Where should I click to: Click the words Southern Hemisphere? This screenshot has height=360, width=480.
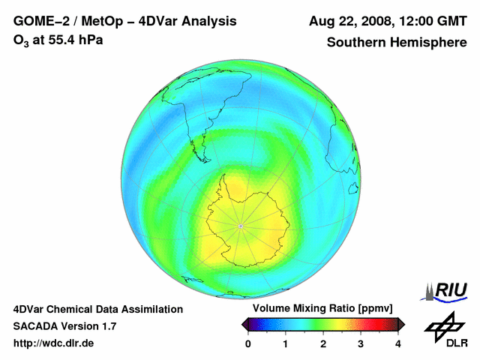(x=397, y=42)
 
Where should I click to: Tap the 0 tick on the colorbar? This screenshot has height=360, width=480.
(x=249, y=343)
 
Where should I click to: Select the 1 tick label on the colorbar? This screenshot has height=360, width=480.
(x=286, y=343)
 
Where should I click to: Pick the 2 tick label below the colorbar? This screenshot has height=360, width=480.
(x=323, y=343)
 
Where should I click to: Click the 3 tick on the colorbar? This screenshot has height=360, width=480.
(x=361, y=343)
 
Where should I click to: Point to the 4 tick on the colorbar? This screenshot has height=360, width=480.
(x=398, y=343)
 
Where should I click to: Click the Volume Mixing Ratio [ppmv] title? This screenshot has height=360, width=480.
(x=324, y=308)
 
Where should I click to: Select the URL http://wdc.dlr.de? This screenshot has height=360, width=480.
(x=54, y=343)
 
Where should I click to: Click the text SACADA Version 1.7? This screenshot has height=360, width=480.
(x=64, y=326)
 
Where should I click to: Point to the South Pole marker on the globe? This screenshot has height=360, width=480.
(x=240, y=226)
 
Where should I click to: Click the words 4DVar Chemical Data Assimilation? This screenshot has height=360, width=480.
(x=98, y=309)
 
